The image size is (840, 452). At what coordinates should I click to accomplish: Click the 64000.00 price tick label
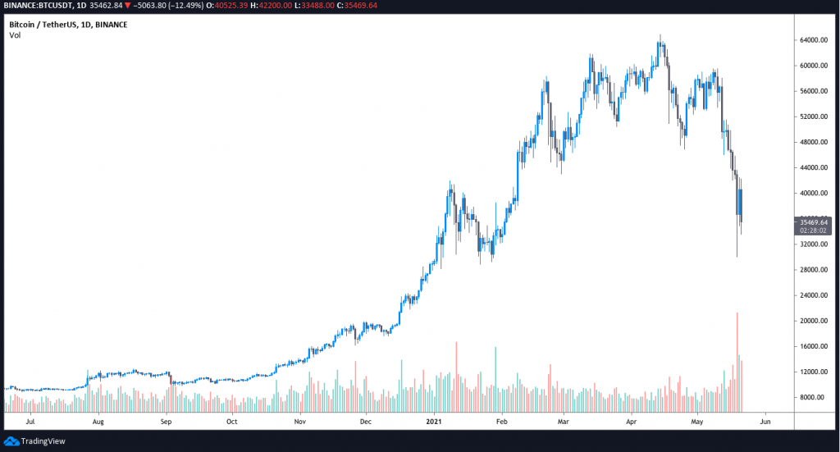pos(812,40)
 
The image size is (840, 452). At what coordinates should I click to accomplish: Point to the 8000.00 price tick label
pos(812,398)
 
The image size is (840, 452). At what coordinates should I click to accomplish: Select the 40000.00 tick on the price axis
pos(812,194)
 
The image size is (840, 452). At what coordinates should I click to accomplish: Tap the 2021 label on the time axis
pos(434,422)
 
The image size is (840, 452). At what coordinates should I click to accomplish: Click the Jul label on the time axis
pos(31,422)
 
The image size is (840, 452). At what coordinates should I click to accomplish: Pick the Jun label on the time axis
pos(765,422)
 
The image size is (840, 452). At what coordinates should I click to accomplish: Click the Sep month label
pos(166,422)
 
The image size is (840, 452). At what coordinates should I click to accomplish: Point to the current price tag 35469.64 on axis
pos(813,221)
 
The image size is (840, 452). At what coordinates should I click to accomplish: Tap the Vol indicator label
pos(15,35)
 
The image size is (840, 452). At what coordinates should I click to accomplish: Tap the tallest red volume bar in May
pos(737,361)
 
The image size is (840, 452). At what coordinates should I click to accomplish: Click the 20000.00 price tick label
pos(812,321)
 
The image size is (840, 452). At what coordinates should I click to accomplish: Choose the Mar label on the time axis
pos(564,422)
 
